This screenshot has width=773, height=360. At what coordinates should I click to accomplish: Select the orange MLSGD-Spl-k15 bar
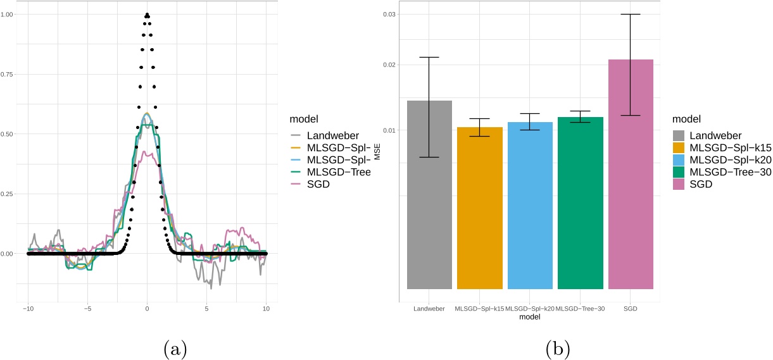click(480, 208)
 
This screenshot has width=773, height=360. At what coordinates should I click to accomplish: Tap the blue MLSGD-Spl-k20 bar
click(530, 206)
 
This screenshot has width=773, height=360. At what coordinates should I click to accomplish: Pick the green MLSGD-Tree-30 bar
click(580, 203)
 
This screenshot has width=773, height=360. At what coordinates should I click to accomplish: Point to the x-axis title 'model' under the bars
click(530, 318)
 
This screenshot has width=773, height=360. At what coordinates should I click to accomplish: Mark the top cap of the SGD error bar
click(631, 14)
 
